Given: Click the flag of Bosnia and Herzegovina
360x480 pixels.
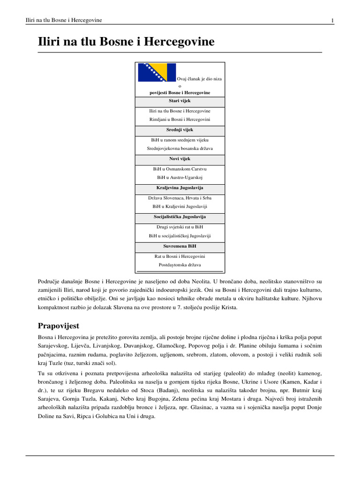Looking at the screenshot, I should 157,72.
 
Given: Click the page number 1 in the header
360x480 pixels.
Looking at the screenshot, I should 332,20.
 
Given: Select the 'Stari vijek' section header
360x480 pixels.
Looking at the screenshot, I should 180,101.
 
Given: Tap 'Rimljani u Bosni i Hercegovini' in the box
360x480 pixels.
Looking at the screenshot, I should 180,120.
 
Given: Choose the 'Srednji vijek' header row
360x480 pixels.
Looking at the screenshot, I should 180,130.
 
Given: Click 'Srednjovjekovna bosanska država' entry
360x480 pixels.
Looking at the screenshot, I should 180,149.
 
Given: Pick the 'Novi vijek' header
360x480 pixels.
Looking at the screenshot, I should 180,159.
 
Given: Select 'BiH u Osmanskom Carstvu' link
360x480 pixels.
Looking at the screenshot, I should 180,168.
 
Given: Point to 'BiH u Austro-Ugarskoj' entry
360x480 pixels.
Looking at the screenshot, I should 180,178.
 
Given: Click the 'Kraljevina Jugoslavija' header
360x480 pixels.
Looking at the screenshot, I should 180,188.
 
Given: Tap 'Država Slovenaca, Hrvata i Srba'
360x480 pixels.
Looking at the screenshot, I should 180,197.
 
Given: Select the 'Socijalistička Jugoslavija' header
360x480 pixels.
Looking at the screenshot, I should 180,217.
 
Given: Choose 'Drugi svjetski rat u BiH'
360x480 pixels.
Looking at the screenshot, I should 180,226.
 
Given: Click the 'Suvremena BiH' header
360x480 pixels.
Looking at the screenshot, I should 180,246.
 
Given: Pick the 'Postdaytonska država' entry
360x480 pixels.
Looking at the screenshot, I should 180,265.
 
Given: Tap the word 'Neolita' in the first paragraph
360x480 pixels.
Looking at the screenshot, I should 198,281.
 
